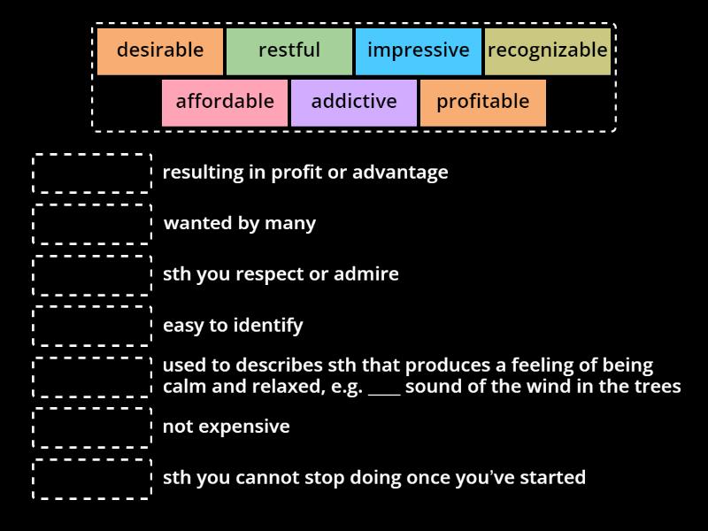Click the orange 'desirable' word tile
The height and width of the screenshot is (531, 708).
coord(160,51)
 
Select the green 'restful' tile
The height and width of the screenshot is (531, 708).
coord(289,51)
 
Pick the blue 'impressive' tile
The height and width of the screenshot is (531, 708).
coord(419,51)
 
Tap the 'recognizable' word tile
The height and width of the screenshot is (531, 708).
coord(548,51)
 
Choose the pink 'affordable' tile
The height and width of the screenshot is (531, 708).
coord(225,103)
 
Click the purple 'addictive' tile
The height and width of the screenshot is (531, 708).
coord(354,103)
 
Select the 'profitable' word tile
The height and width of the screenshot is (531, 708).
coord(483,103)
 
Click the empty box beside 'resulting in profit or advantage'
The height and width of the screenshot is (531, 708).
coord(92,173)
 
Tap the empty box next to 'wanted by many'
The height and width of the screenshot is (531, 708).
coord(92,224)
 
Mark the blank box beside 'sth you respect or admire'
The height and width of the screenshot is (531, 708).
coord(92,275)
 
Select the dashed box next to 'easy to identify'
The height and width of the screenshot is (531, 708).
coord(92,326)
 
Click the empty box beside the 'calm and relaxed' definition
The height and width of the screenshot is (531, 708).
coord(92,377)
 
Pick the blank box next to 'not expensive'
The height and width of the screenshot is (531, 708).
coord(92,427)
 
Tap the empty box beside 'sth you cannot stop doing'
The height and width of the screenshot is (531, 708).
coord(92,479)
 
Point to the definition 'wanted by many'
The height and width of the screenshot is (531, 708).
coord(240,224)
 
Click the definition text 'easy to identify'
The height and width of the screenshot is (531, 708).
coord(233,326)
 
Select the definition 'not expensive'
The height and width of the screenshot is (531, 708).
coord(227,427)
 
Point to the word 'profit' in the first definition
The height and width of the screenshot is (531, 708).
coord(297,173)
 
